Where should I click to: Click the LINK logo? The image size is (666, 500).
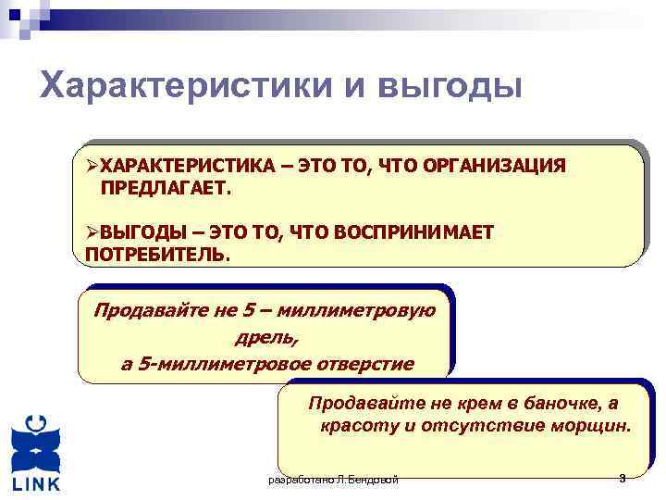click(36, 454)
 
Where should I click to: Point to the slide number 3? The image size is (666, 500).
click(623, 478)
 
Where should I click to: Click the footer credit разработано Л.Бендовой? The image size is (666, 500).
click(332, 480)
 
